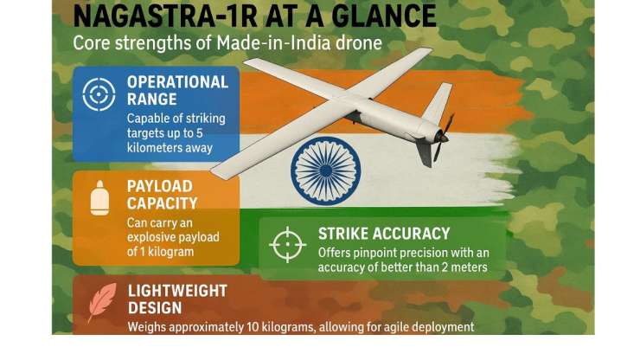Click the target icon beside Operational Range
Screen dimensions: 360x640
tap(99, 95)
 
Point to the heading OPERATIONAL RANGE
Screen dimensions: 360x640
tap(177, 90)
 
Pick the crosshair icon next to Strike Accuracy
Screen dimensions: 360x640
tap(287, 244)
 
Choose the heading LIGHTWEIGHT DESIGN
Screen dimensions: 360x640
tap(178, 299)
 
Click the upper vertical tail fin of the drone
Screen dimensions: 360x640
tap(438, 102)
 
